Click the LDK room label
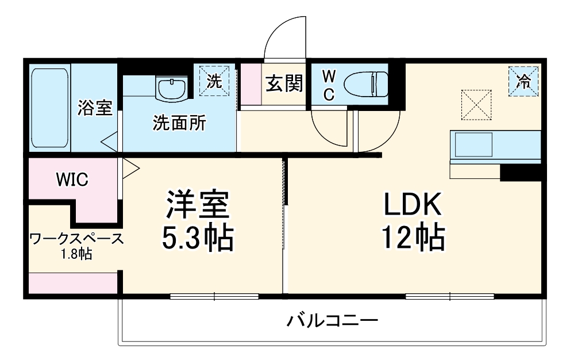[412, 204]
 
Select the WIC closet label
[71, 179]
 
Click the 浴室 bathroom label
[95, 108]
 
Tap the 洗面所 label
[179, 123]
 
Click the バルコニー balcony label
[333, 320]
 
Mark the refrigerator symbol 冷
[523, 81]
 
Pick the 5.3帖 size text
[197, 238]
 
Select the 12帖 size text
[412, 237]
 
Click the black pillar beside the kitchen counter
[520, 172]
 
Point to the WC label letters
[328, 85]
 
